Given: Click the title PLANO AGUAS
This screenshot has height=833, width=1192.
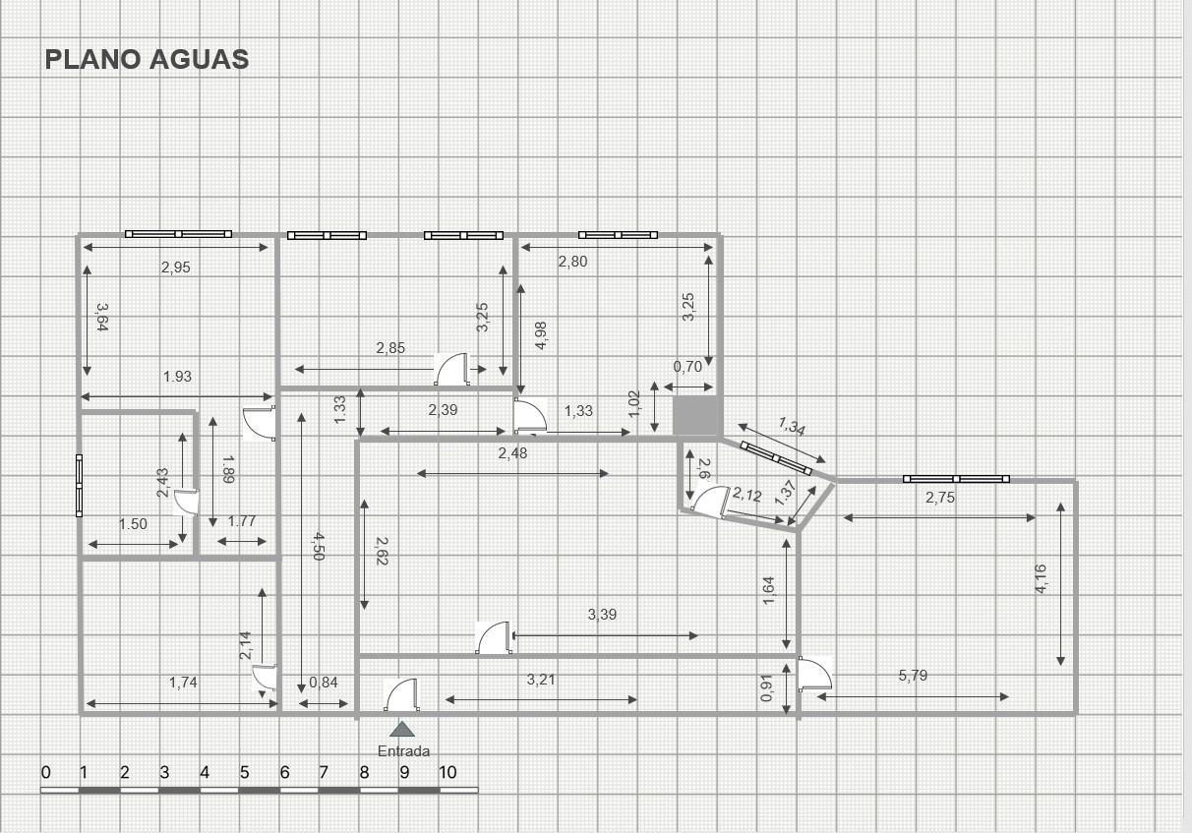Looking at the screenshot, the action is tap(147, 59).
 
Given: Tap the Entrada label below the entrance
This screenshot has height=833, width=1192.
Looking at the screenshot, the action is tap(403, 751).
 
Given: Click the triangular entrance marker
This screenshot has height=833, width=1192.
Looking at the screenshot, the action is tap(402, 729).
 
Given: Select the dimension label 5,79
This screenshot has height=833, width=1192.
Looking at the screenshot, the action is tap(913, 676).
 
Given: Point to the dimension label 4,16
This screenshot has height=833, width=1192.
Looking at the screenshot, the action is tap(1041, 579).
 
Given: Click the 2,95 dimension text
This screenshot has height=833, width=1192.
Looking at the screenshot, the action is tap(176, 268).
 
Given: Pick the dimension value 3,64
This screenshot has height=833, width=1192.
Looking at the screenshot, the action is tap(102, 318).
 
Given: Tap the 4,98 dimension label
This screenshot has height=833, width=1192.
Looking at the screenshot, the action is tap(541, 335).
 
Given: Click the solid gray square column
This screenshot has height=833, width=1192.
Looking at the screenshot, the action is tap(695, 416).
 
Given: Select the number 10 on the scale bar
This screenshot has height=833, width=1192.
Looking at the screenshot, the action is tap(447, 772).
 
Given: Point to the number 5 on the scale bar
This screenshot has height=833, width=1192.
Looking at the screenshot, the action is tap(244, 772).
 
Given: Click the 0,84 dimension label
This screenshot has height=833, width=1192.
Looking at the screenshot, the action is tap(323, 683).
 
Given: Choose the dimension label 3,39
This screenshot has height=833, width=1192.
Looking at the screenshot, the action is tap(602, 615).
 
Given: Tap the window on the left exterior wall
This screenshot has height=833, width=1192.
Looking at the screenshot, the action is tap(80, 486).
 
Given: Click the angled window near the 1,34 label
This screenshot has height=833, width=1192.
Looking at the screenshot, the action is tap(776, 458).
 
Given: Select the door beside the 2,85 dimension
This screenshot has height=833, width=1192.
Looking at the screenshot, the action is tap(452, 369).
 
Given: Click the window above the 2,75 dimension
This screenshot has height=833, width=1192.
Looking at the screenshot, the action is tap(956, 479).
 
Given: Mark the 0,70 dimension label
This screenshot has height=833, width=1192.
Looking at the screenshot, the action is tap(687, 367).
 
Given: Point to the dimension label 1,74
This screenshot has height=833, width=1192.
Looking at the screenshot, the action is tap(183, 683).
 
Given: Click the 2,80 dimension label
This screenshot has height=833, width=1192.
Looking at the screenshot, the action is tap(572, 262).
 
